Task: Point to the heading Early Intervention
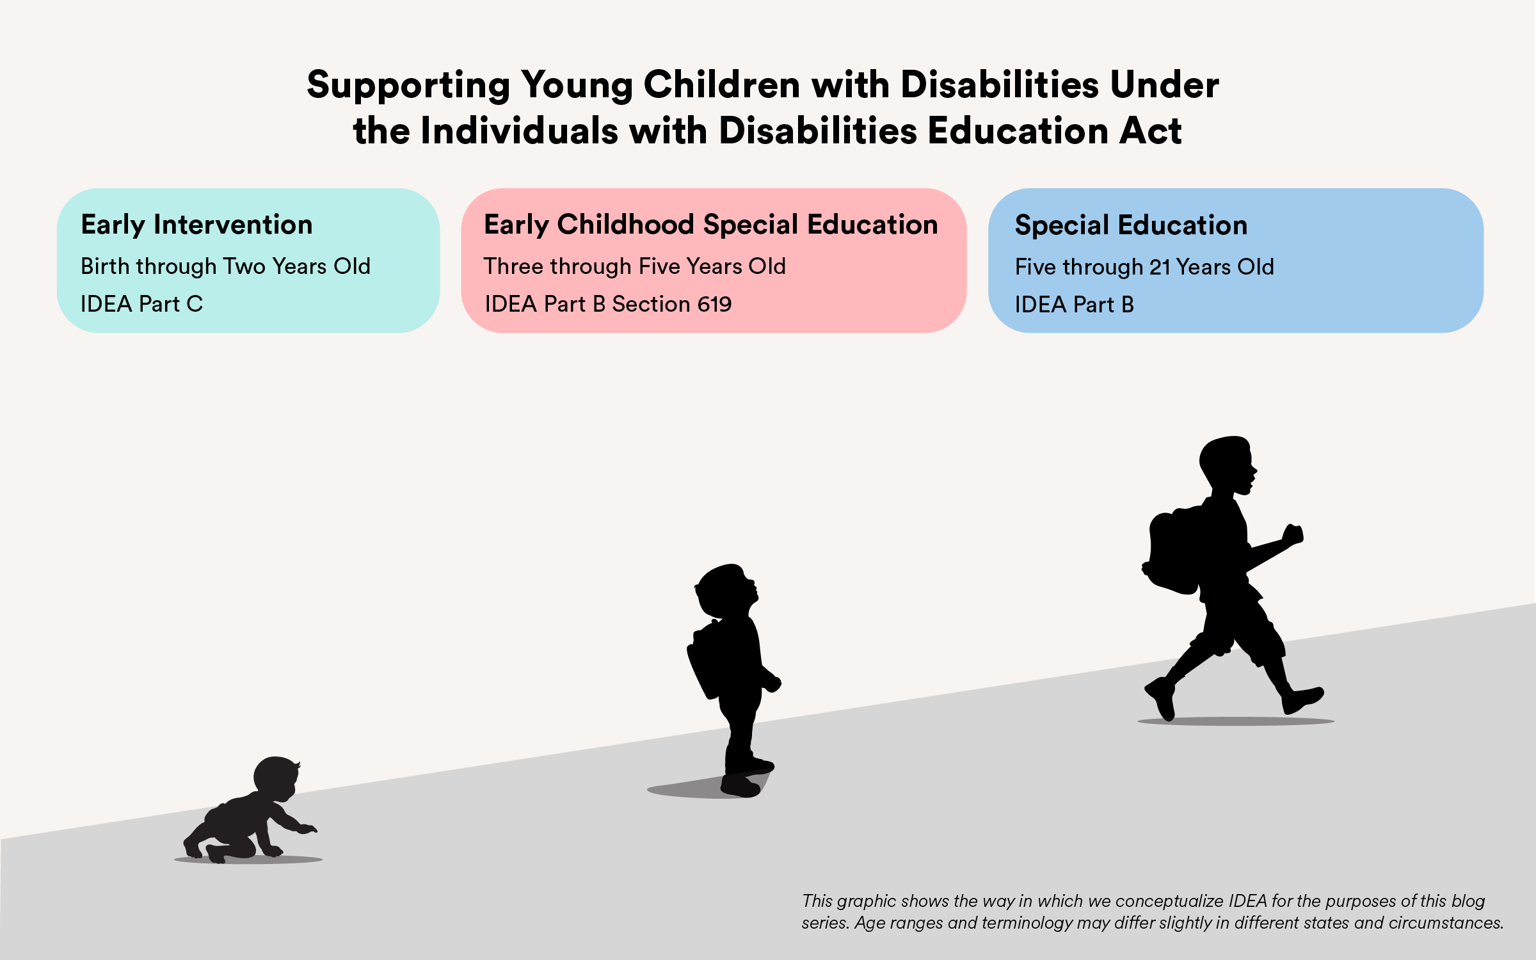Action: [196, 225]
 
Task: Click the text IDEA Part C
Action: [141, 304]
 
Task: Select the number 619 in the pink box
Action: [714, 304]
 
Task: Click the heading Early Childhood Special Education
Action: [710, 225]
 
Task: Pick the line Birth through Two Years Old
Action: [225, 266]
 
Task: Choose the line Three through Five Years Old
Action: [634, 266]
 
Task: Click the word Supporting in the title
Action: [408, 86]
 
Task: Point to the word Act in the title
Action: [1150, 131]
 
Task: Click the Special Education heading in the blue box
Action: [1131, 225]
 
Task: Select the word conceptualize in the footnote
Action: [1169, 901]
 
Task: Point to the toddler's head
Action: [726, 590]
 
